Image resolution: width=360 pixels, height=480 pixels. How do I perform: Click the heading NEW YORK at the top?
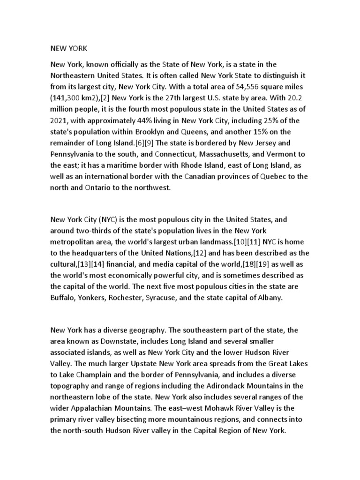click(68, 48)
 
